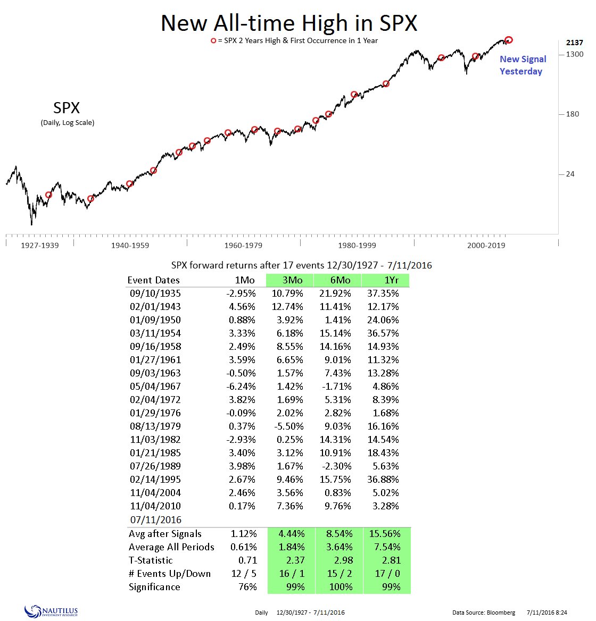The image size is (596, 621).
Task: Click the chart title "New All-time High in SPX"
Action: click(x=289, y=23)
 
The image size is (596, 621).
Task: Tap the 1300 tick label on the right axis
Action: click(x=574, y=54)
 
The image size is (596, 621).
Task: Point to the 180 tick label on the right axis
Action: click(x=573, y=114)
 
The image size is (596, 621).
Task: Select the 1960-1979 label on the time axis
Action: click(x=243, y=245)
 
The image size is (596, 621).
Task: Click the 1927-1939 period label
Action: click(x=39, y=245)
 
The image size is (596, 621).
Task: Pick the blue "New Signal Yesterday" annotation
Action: click(x=523, y=65)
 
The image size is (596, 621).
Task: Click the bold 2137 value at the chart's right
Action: click(x=574, y=43)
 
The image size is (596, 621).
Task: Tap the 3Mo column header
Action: click(x=292, y=280)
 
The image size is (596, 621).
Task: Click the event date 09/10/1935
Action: click(x=155, y=293)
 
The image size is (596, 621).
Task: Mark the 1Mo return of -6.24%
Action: click(x=242, y=387)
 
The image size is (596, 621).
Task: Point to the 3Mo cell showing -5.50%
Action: click(x=289, y=426)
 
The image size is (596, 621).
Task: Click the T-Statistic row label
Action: click(x=151, y=560)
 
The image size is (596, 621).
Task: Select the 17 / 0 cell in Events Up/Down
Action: click(x=387, y=574)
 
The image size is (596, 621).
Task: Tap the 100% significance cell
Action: click(x=341, y=587)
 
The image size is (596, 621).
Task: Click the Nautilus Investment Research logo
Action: click(x=51, y=612)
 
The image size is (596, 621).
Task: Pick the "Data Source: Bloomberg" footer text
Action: click(x=483, y=612)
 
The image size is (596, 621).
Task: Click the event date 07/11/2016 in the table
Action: click(x=155, y=520)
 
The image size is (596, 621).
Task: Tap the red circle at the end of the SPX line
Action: click(x=509, y=40)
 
